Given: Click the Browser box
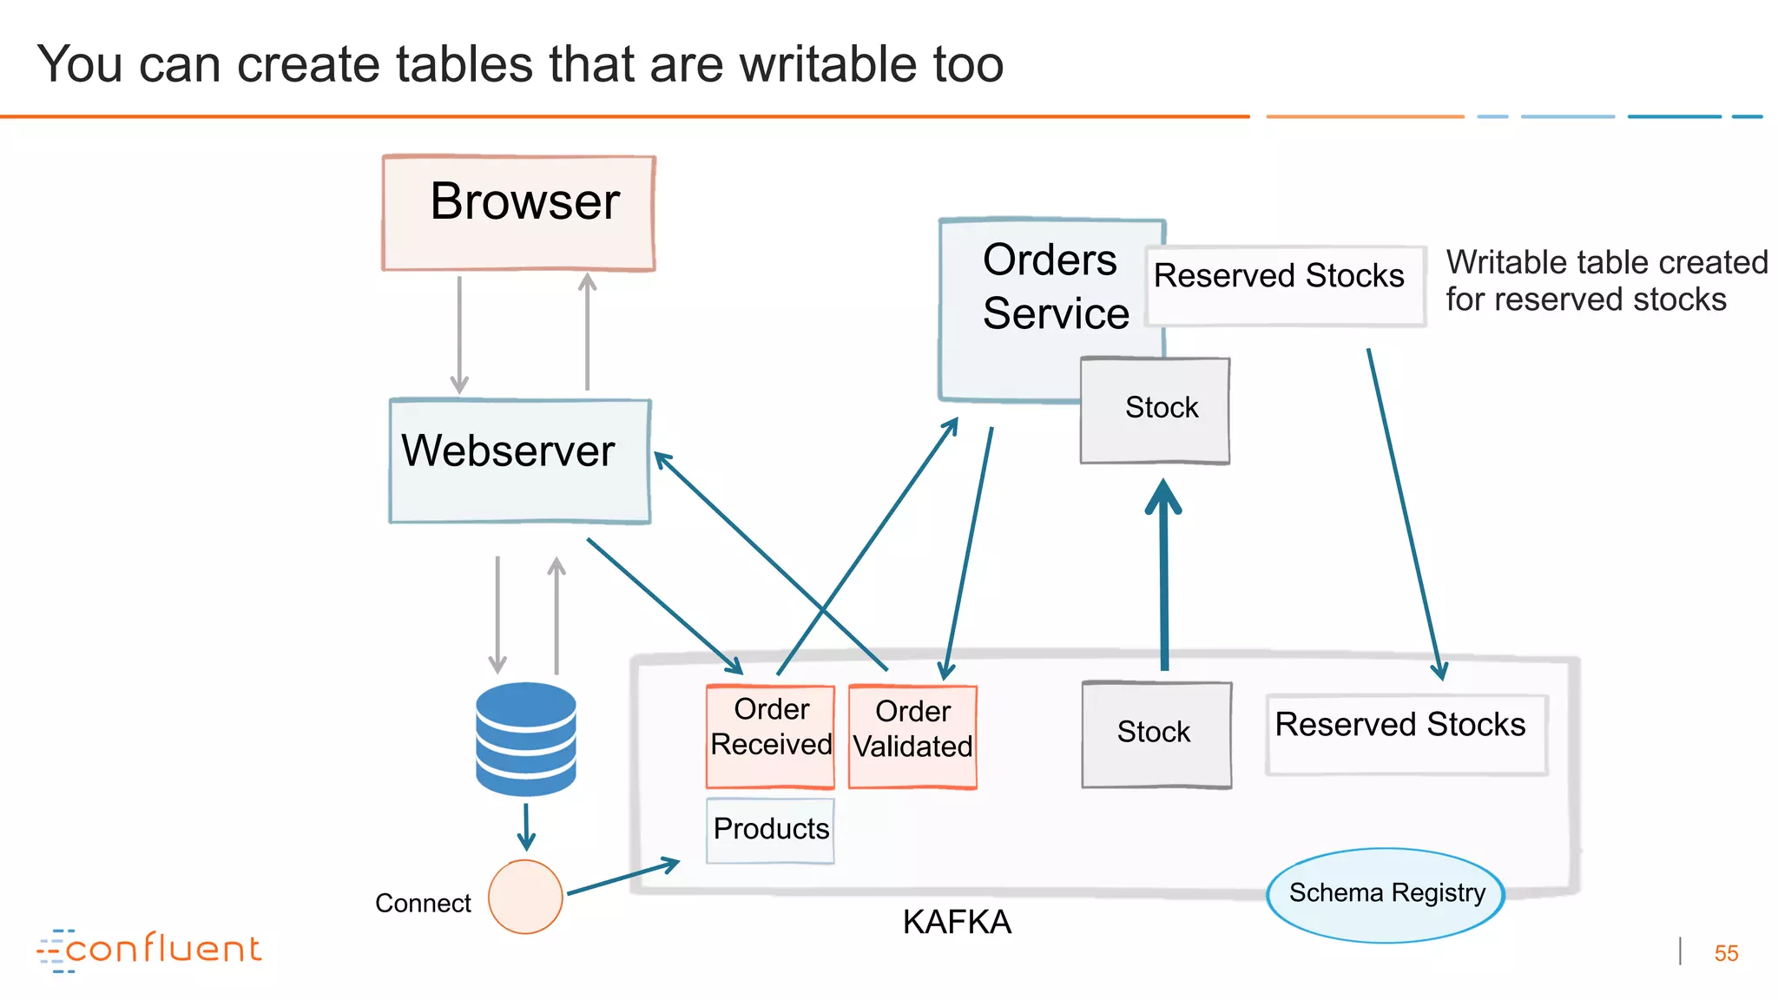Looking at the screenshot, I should click(518, 213).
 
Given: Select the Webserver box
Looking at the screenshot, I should click(519, 461).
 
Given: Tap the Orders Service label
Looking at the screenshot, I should click(1055, 286).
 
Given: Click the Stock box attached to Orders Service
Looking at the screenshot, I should click(1155, 410).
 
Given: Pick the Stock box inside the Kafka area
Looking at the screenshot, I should click(1156, 734).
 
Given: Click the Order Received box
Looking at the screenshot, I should click(770, 735).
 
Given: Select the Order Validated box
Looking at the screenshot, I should click(912, 736).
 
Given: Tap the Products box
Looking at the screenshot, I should click(770, 830).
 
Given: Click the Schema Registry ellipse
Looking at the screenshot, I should click(1386, 894).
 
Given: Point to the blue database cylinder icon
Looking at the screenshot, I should click(526, 739).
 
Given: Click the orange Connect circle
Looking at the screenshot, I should click(525, 897).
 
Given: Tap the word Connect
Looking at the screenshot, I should click(423, 904).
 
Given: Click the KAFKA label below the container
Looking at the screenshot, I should click(956, 922).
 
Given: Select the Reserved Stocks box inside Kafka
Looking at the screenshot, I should click(1406, 734).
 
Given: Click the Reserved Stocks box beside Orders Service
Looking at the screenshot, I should click(1285, 286).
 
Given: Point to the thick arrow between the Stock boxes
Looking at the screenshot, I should click(1163, 577).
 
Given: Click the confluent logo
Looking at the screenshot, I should click(149, 950).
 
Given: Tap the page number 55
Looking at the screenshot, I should click(1726, 953).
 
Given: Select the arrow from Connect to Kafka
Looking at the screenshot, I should click(622, 878).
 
